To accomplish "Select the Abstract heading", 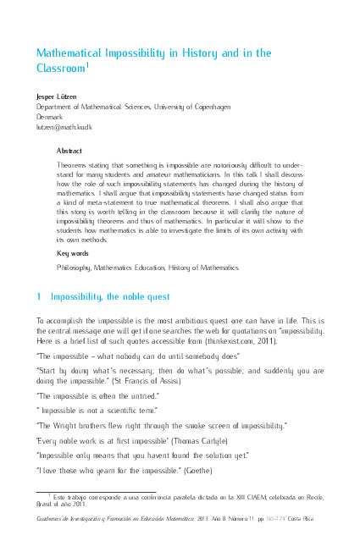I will tap(69, 150).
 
